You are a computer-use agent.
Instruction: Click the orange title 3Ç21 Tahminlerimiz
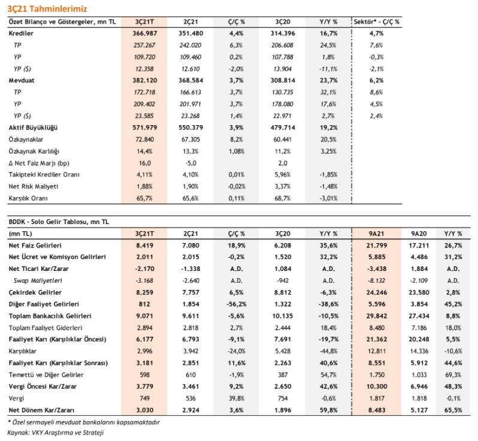[x=47, y=9]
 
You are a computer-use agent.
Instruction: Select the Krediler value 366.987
[x=144, y=33]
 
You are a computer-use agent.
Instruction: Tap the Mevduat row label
[x=22, y=80]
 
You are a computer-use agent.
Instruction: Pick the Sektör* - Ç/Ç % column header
[x=377, y=22]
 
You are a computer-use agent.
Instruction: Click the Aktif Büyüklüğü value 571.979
[x=144, y=128]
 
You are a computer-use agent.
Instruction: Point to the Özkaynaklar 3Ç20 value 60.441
[x=283, y=140]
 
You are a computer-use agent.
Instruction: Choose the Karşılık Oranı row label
[x=28, y=198]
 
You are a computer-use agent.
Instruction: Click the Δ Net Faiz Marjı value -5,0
[x=191, y=163]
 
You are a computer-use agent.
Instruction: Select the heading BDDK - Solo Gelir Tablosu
[x=59, y=222]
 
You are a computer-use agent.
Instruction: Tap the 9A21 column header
[x=377, y=234]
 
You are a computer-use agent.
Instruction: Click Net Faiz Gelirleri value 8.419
[x=144, y=246]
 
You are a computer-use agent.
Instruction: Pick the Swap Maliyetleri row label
[x=38, y=280]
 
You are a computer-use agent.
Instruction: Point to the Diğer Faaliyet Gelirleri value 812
[x=144, y=304]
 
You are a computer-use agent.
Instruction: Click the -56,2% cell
[x=237, y=304]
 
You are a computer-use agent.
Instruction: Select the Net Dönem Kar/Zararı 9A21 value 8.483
[x=377, y=410]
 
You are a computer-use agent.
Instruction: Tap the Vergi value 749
[x=144, y=398]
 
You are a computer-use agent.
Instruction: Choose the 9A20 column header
[x=419, y=234]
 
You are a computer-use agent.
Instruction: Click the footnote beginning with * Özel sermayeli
[x=83, y=422]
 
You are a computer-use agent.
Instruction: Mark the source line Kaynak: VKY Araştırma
[x=56, y=433]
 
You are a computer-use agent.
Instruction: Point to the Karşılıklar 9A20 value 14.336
[x=419, y=351]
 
